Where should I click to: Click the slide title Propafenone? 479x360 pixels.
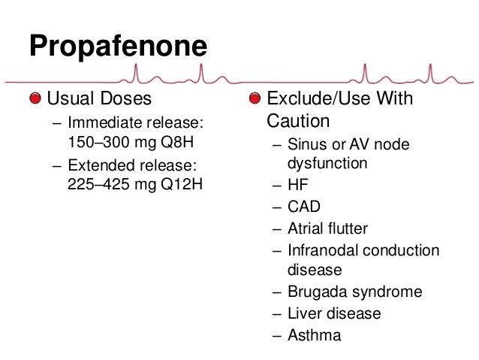[x=118, y=47]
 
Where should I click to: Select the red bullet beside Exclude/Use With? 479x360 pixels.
[x=256, y=98]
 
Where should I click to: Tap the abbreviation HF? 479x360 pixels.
[x=298, y=184]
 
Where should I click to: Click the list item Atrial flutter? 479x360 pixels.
[x=327, y=228]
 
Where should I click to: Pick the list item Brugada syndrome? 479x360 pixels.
[x=354, y=292]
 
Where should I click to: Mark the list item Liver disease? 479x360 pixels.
[x=334, y=313]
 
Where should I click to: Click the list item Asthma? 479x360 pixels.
[x=314, y=335]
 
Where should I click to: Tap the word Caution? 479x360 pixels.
[x=299, y=120]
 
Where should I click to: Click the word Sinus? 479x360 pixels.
[x=305, y=144]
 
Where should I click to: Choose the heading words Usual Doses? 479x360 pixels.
[x=99, y=98]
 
